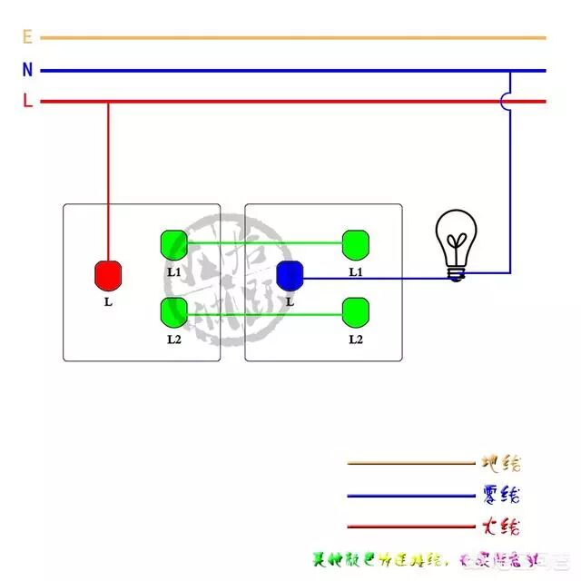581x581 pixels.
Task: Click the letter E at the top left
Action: click(27, 37)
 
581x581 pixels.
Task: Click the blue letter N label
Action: click(27, 70)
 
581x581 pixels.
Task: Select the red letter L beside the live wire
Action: click(27, 102)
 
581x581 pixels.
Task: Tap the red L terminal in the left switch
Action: click(109, 274)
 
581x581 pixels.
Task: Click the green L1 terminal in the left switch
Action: click(173, 244)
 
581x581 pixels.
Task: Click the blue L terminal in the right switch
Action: click(290, 274)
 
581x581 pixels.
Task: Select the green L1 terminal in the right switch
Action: click(356, 243)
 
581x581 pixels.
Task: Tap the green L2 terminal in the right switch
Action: click(356, 312)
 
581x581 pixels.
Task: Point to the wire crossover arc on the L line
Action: click(505, 102)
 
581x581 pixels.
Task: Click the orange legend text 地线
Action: click(500, 463)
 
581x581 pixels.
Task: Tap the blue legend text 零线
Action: click(500, 496)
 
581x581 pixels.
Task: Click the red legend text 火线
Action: click(500, 527)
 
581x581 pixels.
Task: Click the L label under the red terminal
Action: click(109, 301)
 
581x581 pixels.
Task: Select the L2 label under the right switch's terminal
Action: click(356, 340)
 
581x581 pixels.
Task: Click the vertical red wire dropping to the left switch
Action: click(109, 182)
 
